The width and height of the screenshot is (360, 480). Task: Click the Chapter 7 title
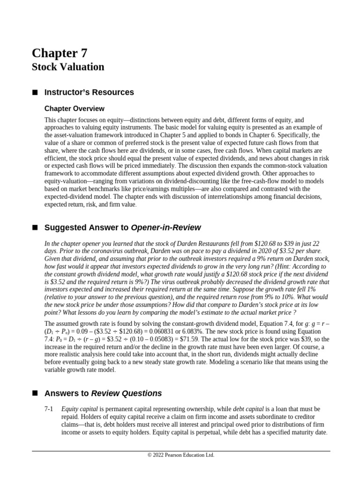[59, 52]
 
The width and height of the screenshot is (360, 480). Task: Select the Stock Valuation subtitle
[68, 67]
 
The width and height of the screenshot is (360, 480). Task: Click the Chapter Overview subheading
[74, 109]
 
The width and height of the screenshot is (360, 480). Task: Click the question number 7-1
[49, 409]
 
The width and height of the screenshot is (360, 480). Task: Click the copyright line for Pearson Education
[180, 455]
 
